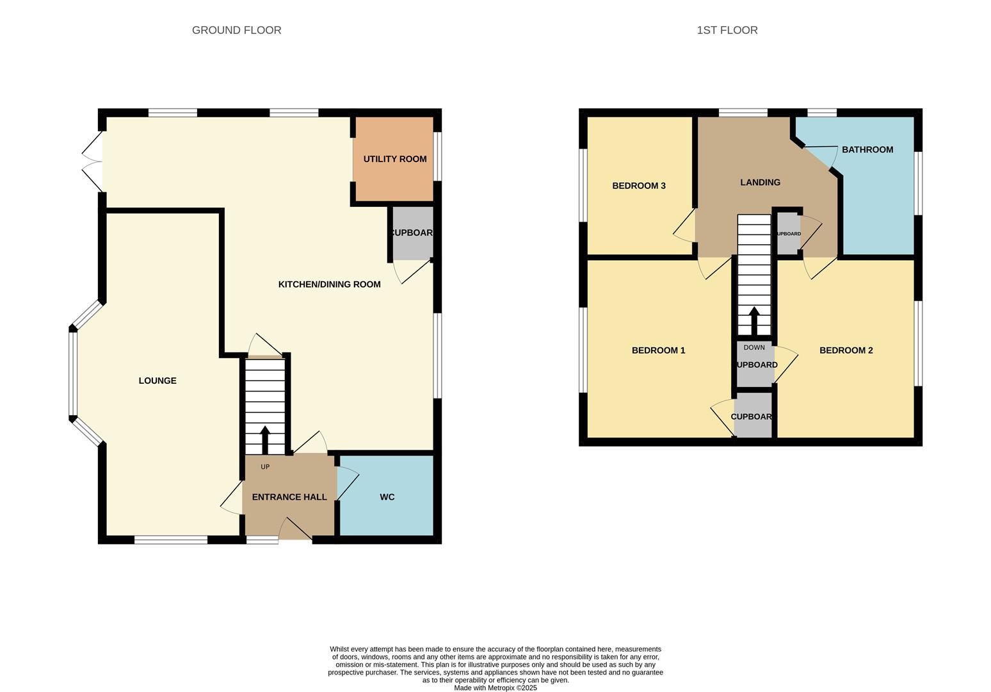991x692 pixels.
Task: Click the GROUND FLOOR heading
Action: (x=236, y=30)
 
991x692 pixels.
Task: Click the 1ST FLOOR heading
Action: (x=727, y=30)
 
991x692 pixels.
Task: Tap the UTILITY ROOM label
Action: (x=394, y=159)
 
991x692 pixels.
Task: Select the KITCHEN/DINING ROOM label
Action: (x=329, y=284)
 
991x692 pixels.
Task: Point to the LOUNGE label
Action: (x=157, y=381)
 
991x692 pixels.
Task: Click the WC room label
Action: (x=387, y=497)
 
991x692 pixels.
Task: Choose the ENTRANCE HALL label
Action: (x=289, y=497)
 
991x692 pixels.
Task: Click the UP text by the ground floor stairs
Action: (x=265, y=467)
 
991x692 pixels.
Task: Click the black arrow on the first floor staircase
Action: (x=754, y=320)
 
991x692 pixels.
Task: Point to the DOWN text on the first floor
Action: (x=754, y=347)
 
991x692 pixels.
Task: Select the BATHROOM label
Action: (x=867, y=150)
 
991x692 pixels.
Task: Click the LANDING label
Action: (x=760, y=183)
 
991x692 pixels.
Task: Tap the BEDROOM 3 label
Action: (x=638, y=186)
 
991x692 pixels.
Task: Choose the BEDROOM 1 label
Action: (x=658, y=350)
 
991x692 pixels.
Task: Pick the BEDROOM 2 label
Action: (x=846, y=350)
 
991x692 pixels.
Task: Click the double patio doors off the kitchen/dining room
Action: (x=93, y=161)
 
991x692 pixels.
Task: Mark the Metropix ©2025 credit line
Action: (x=495, y=688)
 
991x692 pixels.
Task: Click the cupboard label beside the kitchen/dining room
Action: (x=412, y=233)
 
